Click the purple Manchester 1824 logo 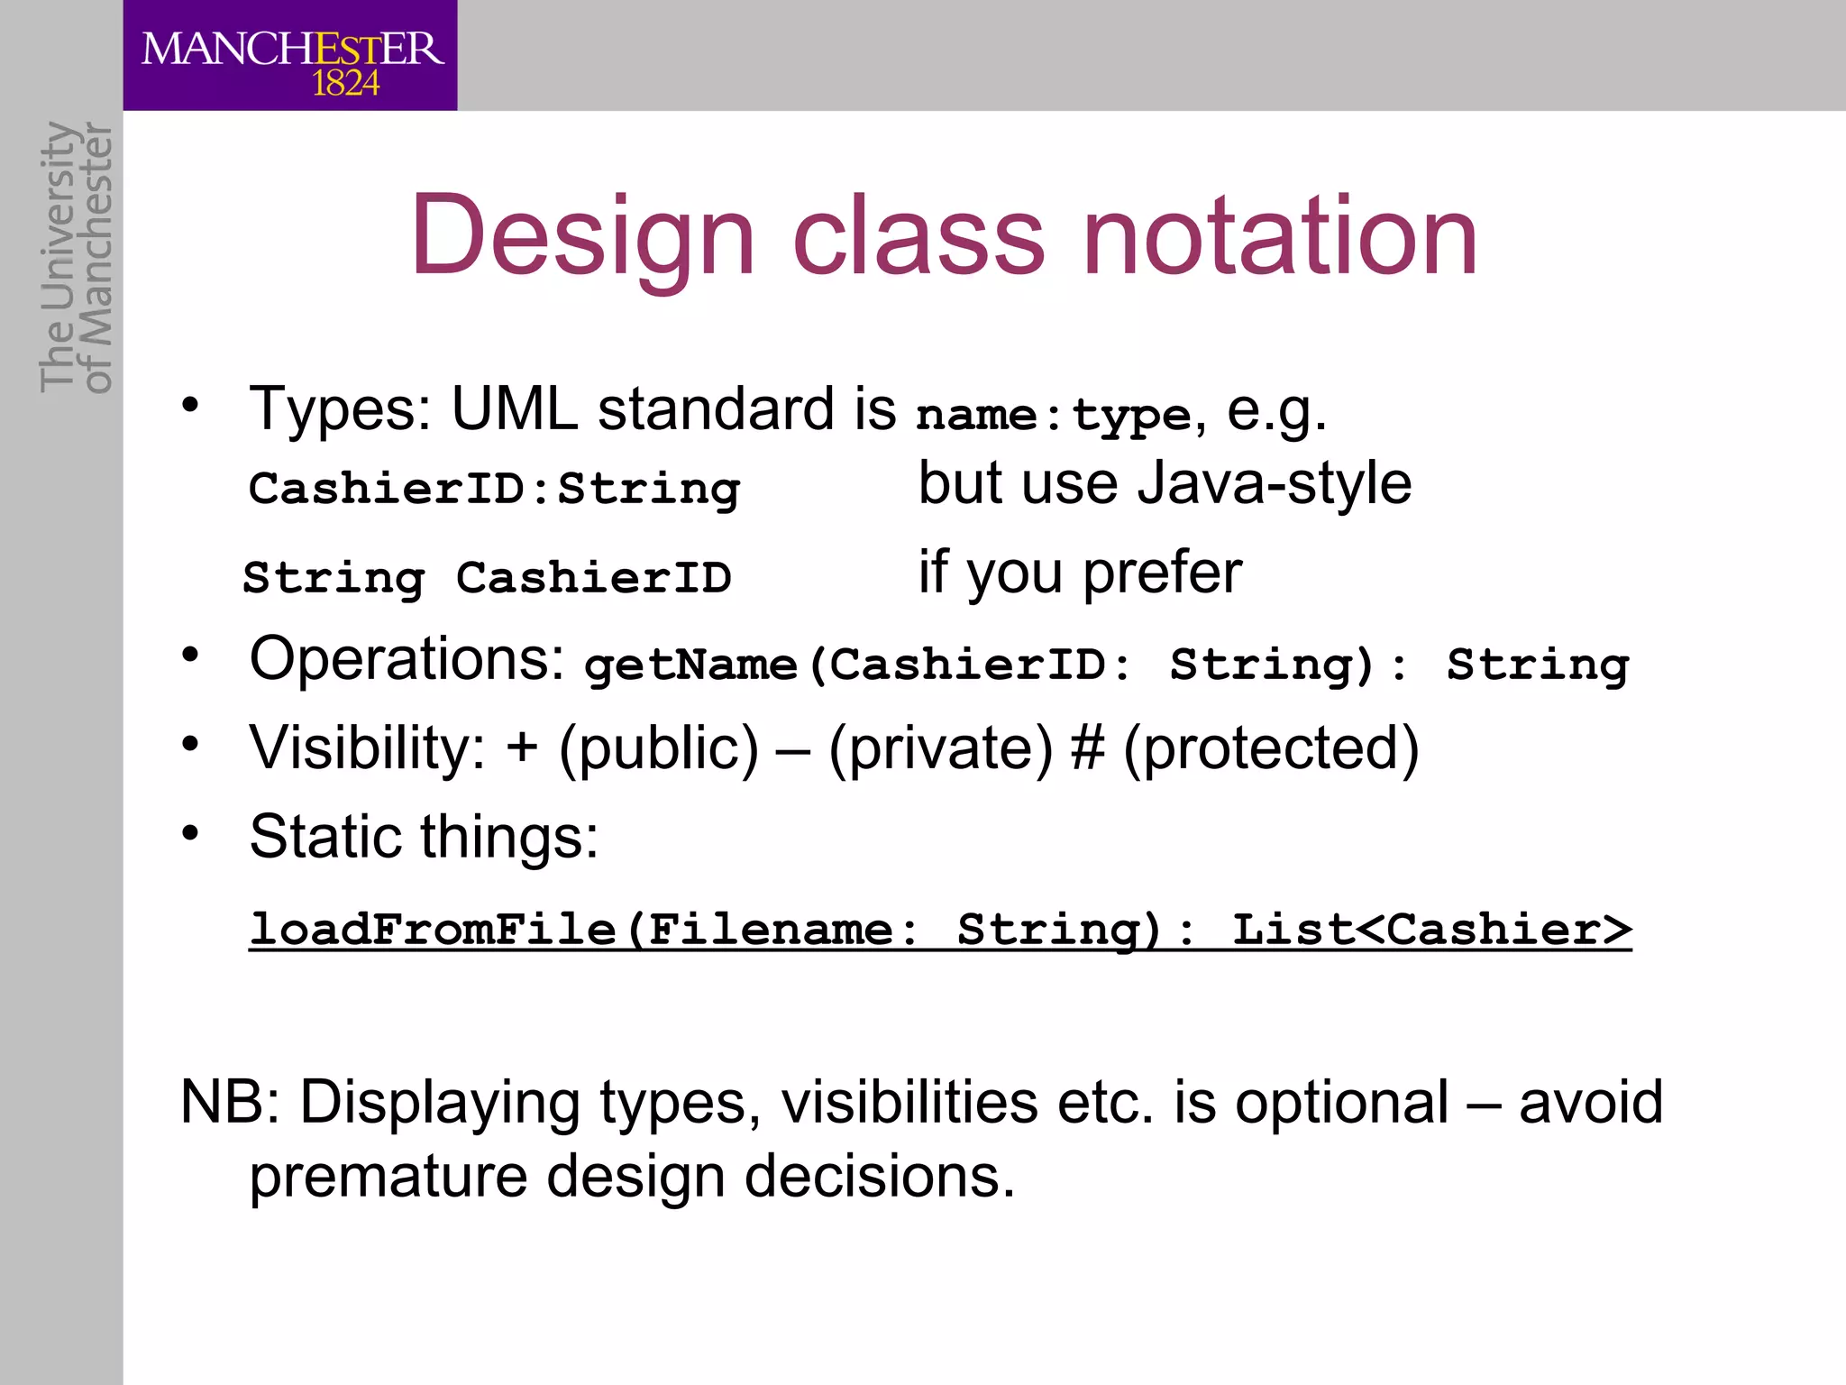(290, 56)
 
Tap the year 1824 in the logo (345, 84)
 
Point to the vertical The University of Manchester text (77, 257)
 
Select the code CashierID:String (494, 489)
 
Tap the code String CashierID (487, 577)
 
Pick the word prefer (1162, 573)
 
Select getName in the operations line (690, 665)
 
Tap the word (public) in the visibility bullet (659, 748)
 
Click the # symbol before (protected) (1087, 748)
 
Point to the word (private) (940, 748)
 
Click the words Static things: (424, 837)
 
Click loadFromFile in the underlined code (433, 929)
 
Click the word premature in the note (388, 1176)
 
